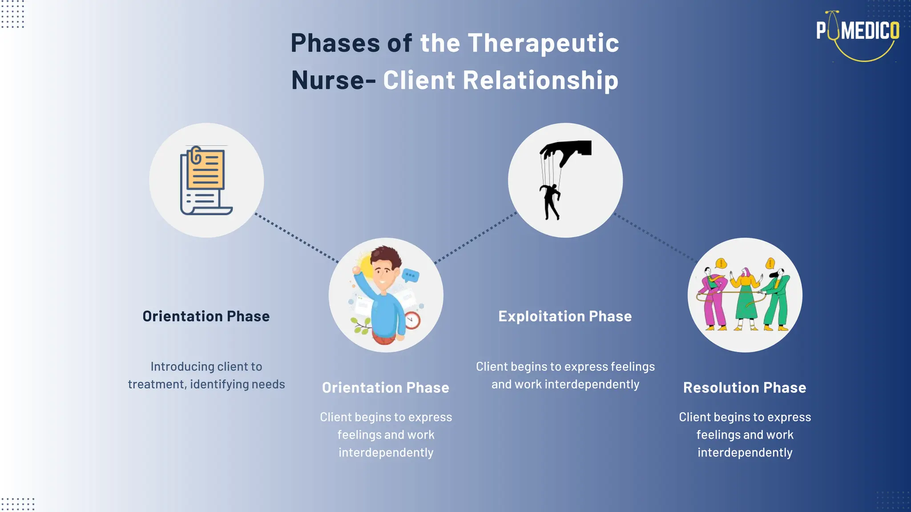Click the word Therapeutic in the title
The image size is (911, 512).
(x=543, y=44)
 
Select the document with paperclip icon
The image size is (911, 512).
(x=205, y=180)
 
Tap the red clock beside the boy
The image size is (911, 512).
(x=412, y=320)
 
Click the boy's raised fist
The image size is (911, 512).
(x=356, y=270)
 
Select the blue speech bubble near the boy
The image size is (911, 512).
(x=410, y=276)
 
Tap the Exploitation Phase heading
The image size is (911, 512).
(x=565, y=316)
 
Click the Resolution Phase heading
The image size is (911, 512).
(x=745, y=388)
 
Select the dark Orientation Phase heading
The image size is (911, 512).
(x=206, y=316)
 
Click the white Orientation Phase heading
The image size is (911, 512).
(x=386, y=388)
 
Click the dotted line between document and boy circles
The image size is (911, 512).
(x=297, y=238)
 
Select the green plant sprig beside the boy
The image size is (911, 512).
(x=362, y=326)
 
